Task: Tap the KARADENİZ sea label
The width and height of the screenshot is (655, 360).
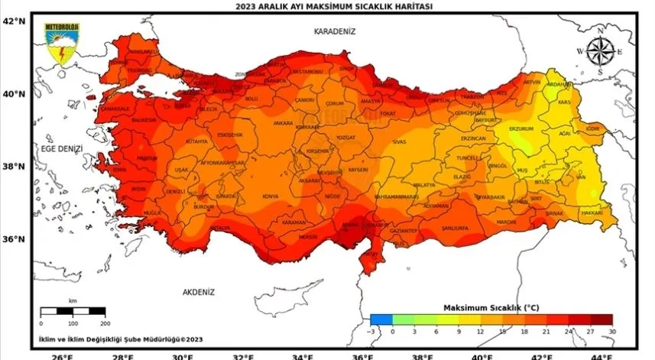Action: [x=336, y=31]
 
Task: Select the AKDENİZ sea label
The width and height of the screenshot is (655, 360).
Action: [x=199, y=292]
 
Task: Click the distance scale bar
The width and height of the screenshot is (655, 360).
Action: [x=73, y=310]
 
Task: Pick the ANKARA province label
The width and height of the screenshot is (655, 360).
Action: [x=284, y=122]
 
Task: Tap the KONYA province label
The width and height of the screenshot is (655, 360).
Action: [x=271, y=196]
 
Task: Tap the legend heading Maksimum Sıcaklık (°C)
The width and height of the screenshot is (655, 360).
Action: [x=491, y=306]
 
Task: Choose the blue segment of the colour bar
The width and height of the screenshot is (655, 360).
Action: [x=381, y=319]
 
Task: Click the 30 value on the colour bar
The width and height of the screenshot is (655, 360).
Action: [x=612, y=331]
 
